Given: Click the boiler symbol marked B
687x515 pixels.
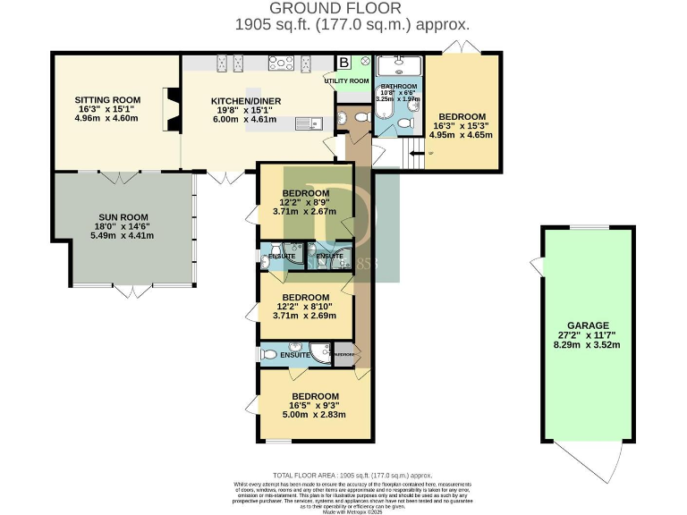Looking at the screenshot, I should pos(343,63).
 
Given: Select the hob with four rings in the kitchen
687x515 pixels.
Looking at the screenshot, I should pos(282,63).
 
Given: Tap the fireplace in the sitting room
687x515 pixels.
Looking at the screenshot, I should pos(168,108).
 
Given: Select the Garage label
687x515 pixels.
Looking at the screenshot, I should pos(588,325).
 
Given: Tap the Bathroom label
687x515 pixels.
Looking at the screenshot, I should pos(400,86).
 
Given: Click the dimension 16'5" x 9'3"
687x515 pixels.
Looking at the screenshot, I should pos(315,405).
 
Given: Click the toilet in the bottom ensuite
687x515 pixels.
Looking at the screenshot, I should pos(269,355).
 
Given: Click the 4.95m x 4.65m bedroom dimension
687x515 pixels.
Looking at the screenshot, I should pos(462,136).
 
